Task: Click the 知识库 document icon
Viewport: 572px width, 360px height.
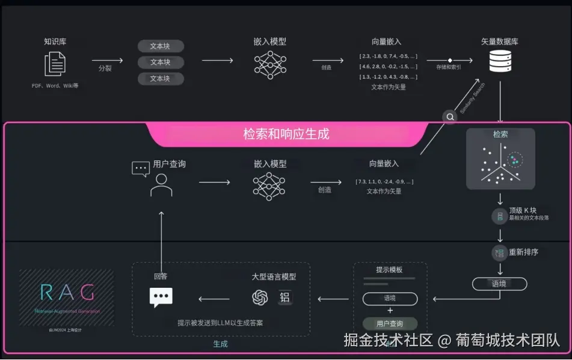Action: point(55,64)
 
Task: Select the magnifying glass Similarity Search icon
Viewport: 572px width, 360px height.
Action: point(450,117)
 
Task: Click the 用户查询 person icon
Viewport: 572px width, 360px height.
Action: point(161,185)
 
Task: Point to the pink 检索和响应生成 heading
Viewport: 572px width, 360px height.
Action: point(286,133)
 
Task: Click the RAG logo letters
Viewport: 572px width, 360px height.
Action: point(67,292)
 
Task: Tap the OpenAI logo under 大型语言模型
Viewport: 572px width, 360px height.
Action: point(260,297)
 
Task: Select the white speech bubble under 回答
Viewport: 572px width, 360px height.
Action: point(161,297)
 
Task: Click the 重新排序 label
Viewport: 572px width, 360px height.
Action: point(523,252)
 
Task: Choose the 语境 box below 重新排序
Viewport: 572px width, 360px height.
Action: point(499,284)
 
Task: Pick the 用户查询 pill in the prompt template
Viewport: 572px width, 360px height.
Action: point(390,324)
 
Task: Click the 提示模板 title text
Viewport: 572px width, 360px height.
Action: point(389,270)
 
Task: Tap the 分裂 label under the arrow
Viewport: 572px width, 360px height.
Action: point(105,68)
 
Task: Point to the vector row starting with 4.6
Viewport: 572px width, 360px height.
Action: point(388,66)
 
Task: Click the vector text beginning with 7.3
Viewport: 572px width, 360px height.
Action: point(384,181)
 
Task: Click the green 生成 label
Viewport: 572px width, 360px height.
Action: point(220,344)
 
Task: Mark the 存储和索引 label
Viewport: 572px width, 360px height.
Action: point(449,67)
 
